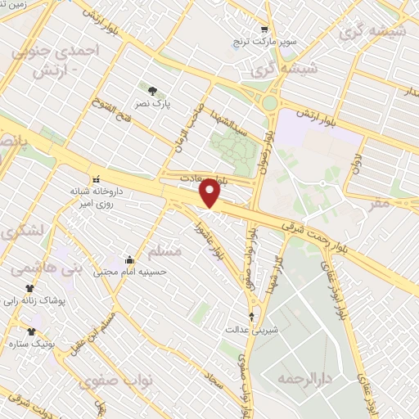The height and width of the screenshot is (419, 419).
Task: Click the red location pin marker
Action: pos(210,192)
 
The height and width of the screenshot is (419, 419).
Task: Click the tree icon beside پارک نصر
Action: pos(151,88)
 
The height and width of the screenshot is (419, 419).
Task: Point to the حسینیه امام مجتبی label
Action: pos(128,272)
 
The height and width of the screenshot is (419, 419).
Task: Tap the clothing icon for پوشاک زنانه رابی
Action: pos(30,288)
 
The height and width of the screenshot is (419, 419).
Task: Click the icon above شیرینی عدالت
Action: pos(251,315)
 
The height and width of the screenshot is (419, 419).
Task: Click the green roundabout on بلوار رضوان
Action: pos(269,103)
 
